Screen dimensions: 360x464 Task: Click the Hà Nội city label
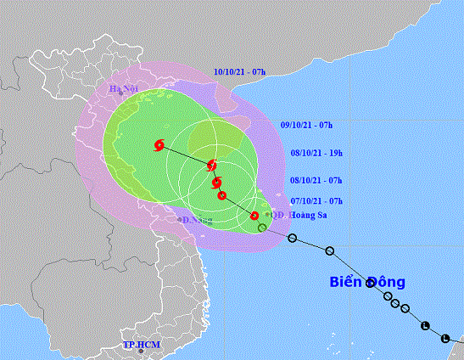123,89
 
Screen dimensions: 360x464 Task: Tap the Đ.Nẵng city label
197,220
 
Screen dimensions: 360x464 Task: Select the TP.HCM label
141,345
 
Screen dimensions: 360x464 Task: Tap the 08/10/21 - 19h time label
316,152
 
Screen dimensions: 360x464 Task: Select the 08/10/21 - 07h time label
316,180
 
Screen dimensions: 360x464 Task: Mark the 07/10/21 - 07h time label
316,200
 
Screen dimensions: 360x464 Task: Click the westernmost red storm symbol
159,145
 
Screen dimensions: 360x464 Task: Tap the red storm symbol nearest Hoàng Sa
254,216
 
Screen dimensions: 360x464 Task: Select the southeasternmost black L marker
445,338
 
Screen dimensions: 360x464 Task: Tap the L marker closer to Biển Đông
424,325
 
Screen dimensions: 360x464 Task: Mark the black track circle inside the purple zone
262,228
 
